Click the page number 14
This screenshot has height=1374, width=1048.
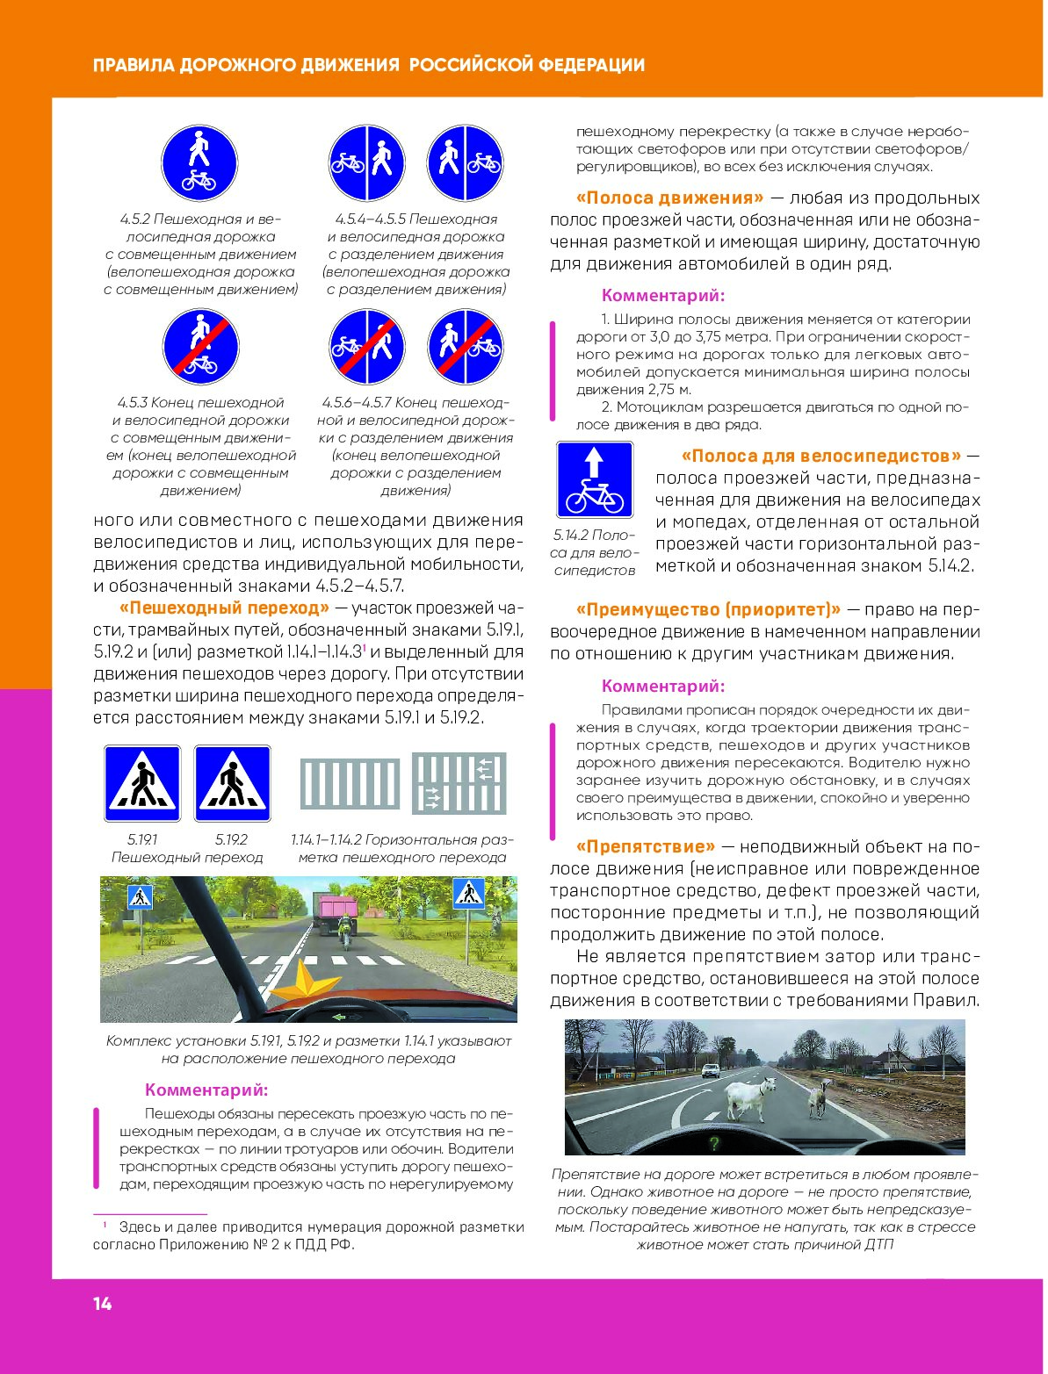tap(103, 1304)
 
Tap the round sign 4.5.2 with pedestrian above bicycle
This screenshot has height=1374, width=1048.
tap(199, 163)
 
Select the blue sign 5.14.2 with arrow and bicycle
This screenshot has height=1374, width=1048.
tap(595, 479)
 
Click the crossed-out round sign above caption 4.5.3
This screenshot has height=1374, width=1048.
tap(200, 347)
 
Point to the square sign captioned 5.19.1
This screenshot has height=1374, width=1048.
tap(142, 783)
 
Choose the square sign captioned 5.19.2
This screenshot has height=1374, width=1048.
tap(232, 783)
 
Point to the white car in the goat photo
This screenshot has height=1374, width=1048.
tap(711, 1070)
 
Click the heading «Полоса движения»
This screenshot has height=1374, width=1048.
tap(669, 198)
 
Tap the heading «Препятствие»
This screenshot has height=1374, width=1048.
tap(646, 846)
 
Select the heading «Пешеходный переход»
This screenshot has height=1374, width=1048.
tap(224, 608)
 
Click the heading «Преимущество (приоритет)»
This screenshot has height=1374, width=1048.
tap(708, 609)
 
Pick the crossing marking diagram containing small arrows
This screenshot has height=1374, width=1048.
tap(459, 783)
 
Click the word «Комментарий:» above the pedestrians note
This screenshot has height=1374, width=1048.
tap(206, 1090)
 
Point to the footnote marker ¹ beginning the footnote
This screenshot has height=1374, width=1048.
tap(104, 1224)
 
